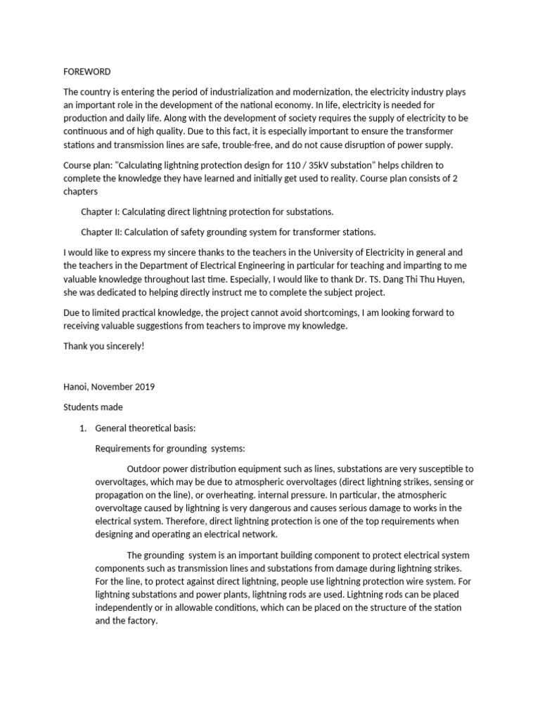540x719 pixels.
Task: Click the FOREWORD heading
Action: point(87,72)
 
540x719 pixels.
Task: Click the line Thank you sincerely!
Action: point(103,346)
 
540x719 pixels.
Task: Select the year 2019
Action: point(143,386)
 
